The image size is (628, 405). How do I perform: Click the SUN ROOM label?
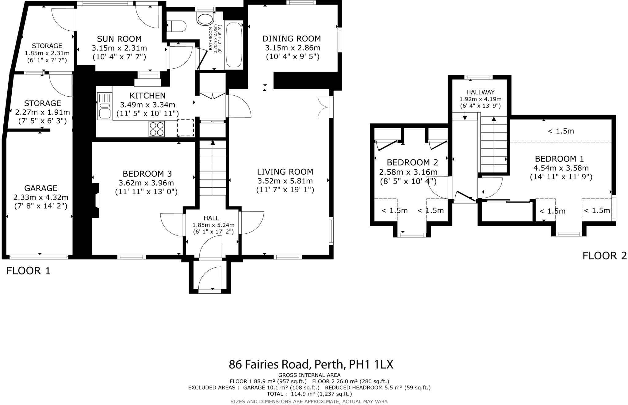[119, 39]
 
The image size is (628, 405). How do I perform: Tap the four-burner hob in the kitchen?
[156, 129]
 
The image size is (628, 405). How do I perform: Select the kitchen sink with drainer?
[105, 106]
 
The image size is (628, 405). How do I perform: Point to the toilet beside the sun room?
[177, 26]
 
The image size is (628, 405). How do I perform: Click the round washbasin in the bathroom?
[205, 19]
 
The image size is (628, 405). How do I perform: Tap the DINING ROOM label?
[292, 39]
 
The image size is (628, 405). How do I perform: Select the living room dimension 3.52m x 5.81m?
[285, 181]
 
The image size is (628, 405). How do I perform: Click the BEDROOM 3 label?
[147, 174]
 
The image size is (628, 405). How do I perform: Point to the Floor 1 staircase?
[213, 169]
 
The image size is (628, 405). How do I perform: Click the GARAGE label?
[41, 188]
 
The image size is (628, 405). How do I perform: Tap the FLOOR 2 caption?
[604, 256]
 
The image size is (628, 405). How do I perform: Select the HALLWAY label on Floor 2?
[480, 92]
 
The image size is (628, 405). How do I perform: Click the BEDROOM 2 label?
[412, 162]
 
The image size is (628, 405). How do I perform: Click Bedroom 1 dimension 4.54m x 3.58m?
[561, 168]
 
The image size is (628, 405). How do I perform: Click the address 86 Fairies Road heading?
[311, 365]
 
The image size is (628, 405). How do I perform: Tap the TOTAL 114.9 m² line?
[309, 394]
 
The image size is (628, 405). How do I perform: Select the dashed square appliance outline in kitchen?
[185, 128]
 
